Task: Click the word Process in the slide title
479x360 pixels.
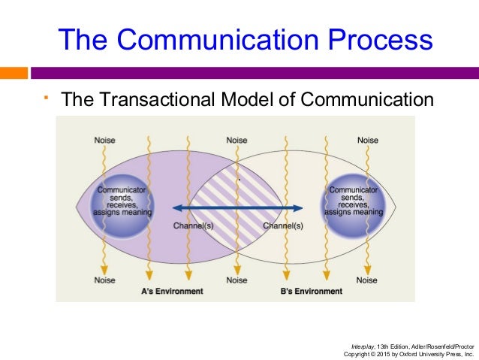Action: (378, 39)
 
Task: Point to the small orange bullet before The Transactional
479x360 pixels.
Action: (45, 96)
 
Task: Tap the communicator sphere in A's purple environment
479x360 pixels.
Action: (119, 200)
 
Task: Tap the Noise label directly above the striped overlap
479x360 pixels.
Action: (236, 141)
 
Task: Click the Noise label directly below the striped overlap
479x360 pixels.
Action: (236, 280)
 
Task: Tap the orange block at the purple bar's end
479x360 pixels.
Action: (14, 74)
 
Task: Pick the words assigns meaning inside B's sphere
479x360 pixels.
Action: (353, 213)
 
